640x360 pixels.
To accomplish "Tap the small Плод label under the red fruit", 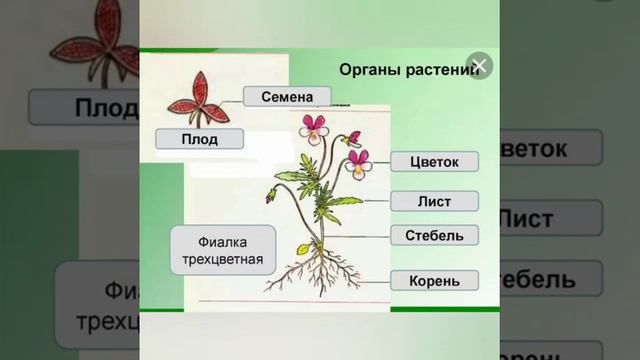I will [x=200, y=138].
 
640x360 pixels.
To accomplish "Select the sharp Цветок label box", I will [x=434, y=161].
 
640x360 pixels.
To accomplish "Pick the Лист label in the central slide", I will [x=434, y=201].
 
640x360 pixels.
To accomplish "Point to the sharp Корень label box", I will [x=434, y=281].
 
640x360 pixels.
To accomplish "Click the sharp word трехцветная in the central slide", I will [x=222, y=261].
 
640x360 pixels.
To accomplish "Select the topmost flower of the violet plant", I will [x=315, y=127].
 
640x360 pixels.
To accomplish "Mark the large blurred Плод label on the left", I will [x=80, y=107].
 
